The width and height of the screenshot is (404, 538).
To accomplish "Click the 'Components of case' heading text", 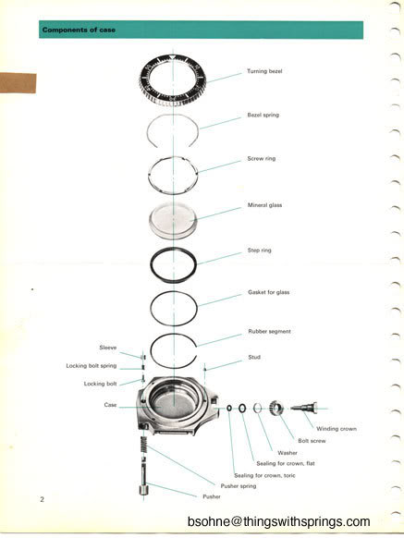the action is click(x=79, y=30).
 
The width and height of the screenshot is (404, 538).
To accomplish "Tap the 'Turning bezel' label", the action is click(x=264, y=71).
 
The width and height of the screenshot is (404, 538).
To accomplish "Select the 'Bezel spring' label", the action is click(x=263, y=115).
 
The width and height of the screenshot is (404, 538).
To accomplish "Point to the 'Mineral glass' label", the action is click(x=264, y=205).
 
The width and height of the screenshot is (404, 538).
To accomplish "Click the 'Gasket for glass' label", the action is click(x=268, y=292).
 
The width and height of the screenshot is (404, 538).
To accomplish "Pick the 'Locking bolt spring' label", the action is click(x=92, y=366).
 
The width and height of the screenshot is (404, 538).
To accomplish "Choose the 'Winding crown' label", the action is click(x=336, y=429).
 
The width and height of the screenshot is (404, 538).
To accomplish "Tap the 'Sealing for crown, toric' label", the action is click(x=264, y=475).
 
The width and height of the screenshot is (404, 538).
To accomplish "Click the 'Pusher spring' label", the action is click(x=239, y=486).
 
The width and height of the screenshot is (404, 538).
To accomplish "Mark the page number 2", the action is click(x=42, y=499).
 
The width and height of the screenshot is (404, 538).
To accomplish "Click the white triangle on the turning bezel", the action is click(x=173, y=57).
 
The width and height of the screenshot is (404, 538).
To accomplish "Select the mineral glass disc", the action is click(x=173, y=221).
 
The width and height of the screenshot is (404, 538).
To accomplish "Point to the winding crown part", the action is click(x=304, y=408).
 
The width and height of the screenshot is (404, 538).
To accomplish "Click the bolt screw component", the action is click(x=276, y=408).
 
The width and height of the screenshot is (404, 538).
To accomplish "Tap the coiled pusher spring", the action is click(x=144, y=445).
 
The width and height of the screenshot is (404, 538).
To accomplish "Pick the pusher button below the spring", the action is click(x=143, y=490).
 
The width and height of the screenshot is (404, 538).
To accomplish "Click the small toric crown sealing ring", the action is click(x=229, y=408).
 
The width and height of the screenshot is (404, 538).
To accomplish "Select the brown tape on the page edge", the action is click(x=18, y=83).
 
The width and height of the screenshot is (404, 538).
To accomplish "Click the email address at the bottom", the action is click(x=278, y=521).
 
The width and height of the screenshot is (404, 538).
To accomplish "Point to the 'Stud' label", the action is click(x=254, y=357).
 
